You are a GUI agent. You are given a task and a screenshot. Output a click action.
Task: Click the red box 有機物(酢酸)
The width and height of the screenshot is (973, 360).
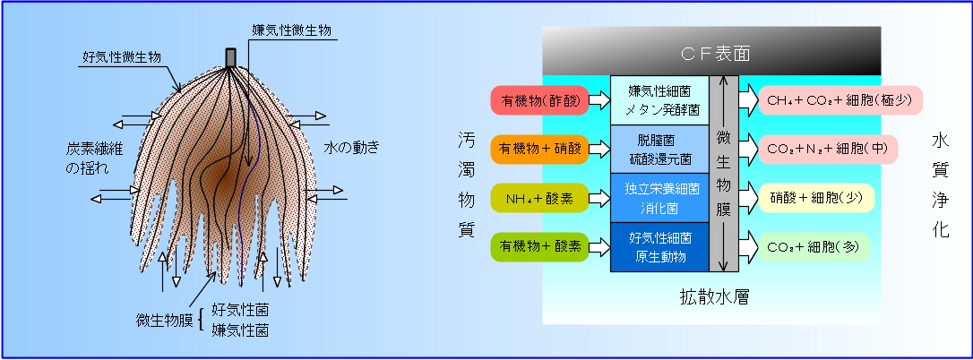[539, 100]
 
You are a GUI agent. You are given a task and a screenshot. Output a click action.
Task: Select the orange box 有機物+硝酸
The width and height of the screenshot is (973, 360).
[539, 150]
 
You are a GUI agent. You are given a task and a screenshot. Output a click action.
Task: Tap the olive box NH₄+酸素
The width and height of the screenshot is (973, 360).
[539, 198]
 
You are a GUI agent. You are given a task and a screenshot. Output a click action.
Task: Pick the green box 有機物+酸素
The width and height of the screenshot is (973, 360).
[539, 246]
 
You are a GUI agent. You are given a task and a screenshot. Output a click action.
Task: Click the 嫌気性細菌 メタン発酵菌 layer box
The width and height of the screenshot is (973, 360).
[659, 100]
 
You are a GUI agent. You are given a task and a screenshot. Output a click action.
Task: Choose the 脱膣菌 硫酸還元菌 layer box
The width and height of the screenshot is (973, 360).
[659, 150]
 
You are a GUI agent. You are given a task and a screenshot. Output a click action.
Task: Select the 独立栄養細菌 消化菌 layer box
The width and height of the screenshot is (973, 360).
[659, 198]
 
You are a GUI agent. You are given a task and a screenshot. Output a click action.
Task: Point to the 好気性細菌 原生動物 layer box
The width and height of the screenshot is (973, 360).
[659, 247]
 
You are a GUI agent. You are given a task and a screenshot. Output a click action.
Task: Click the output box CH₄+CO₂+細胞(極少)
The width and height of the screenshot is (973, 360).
[840, 100]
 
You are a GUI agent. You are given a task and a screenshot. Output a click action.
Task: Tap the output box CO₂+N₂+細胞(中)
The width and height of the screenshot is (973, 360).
[829, 150]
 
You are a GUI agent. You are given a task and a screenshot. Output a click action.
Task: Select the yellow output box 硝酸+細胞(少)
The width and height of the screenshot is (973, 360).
[816, 198]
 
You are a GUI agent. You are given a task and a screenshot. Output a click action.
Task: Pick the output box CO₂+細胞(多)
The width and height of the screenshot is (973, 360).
[813, 246]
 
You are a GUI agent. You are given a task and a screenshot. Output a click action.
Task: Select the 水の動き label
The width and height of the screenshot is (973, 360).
[350, 148]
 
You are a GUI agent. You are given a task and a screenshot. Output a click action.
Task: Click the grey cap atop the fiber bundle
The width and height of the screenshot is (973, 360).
[231, 57]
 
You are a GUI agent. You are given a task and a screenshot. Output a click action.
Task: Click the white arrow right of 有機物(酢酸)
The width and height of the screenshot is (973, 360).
[598, 100]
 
